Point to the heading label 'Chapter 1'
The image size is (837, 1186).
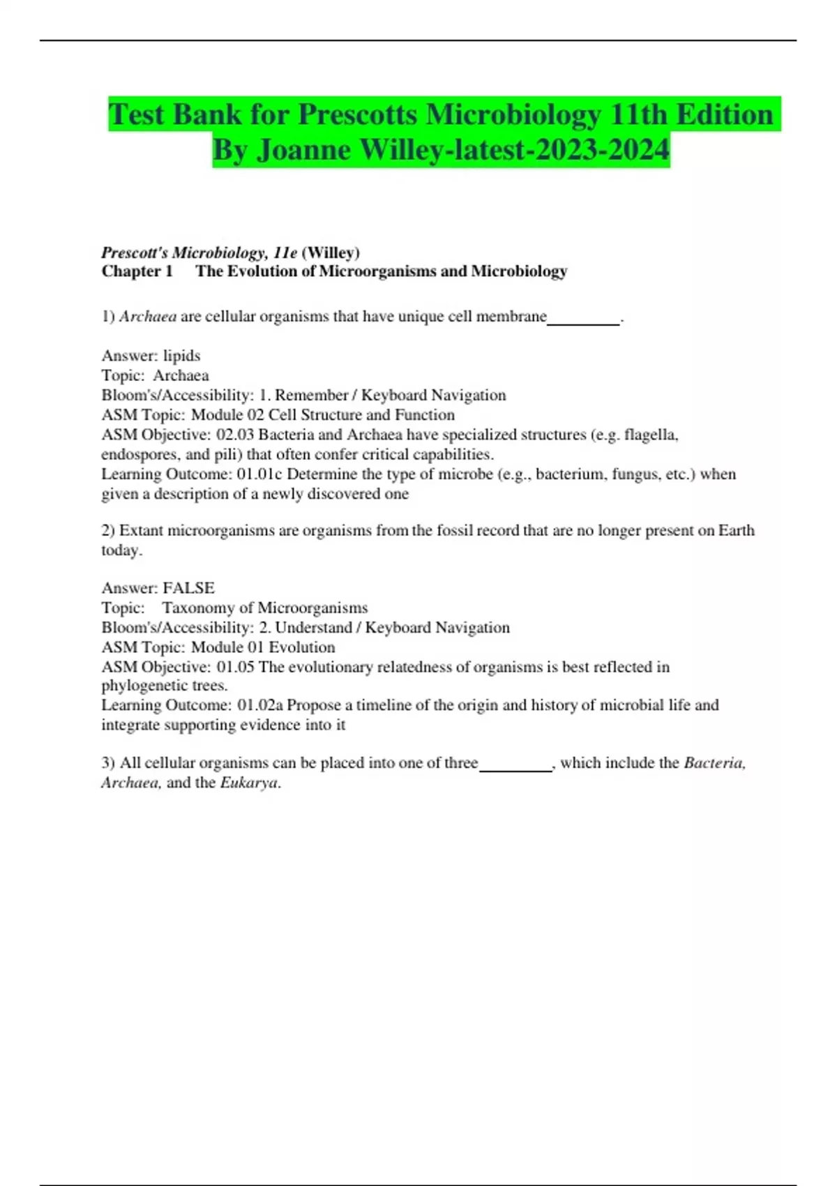(x=137, y=271)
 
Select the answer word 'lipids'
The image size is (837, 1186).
(x=181, y=356)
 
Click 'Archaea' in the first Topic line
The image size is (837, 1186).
(x=181, y=375)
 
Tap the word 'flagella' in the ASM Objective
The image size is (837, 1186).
(x=650, y=435)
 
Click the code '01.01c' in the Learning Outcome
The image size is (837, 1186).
(x=259, y=474)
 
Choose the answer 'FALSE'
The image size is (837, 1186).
(x=188, y=588)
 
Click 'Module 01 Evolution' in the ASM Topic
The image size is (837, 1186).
(x=263, y=647)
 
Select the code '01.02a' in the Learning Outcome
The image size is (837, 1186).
(x=259, y=705)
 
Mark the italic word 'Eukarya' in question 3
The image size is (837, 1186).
(x=249, y=783)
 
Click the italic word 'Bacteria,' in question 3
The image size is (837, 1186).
(x=714, y=763)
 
